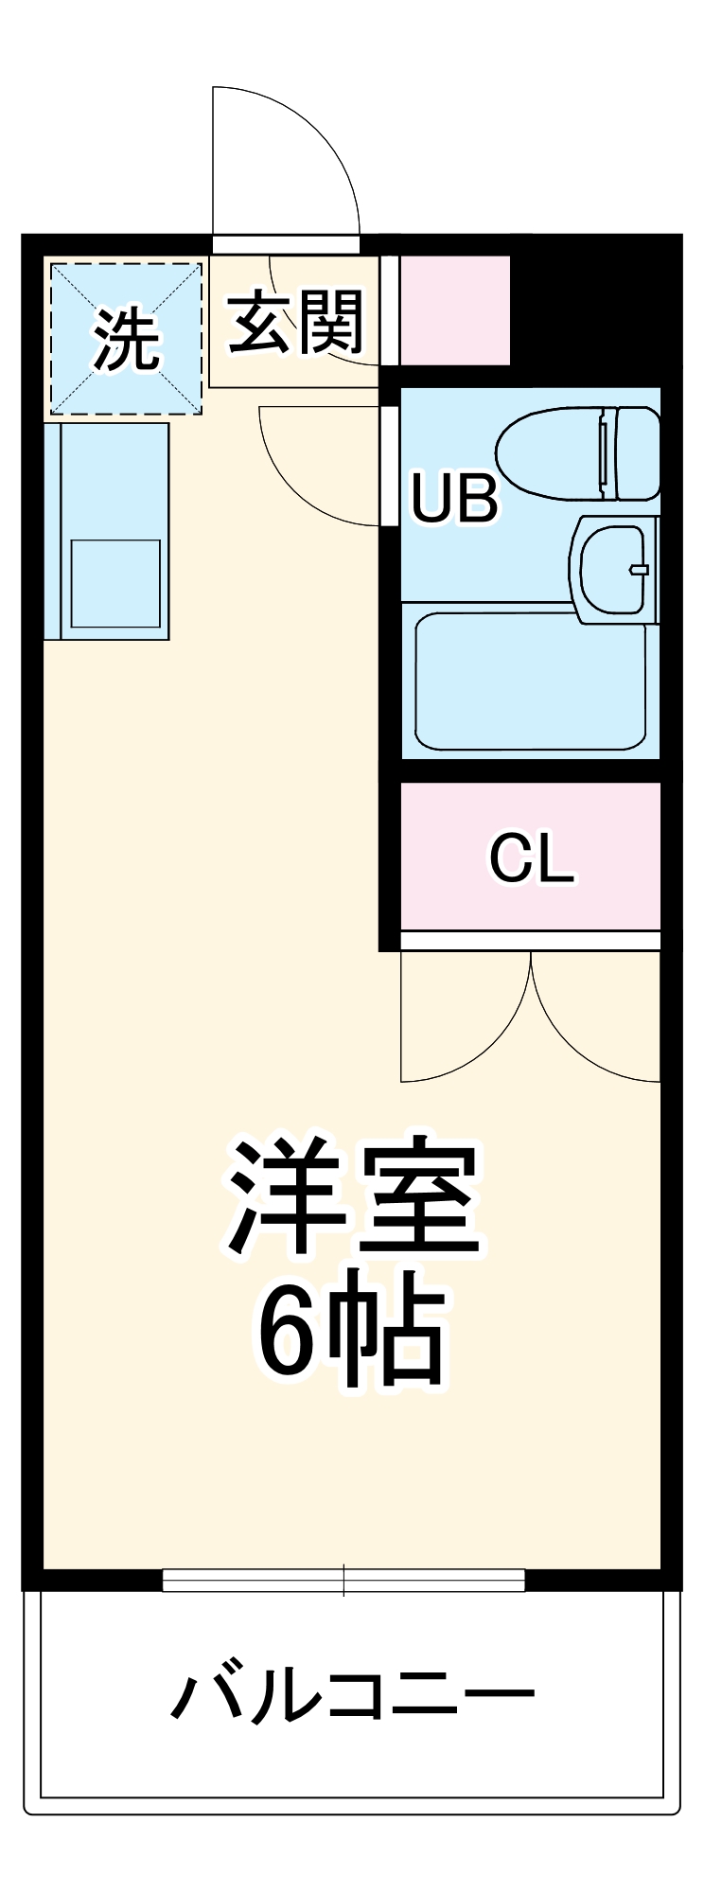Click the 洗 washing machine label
[x=125, y=340]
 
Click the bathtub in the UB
[x=531, y=681]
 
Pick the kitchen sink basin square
[x=115, y=583]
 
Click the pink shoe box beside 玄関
[x=455, y=310]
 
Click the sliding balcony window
[x=343, y=1580]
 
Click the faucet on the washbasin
[x=640, y=570]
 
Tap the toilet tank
[x=638, y=453]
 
